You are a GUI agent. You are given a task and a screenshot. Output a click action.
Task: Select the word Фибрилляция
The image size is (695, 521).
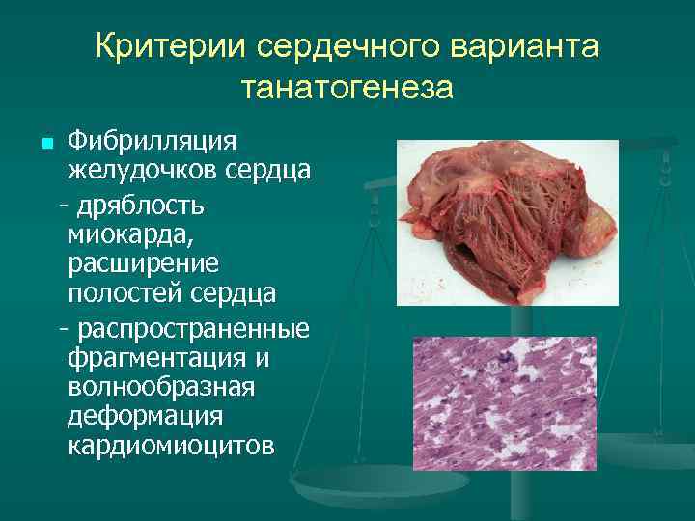pyautogui.click(x=152, y=142)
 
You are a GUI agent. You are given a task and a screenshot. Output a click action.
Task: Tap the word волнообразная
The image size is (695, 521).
pyautogui.click(x=161, y=388)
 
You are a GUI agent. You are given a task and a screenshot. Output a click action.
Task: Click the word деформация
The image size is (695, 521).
pyautogui.click(x=145, y=418)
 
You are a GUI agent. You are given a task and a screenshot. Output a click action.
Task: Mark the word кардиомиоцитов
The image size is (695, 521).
pyautogui.click(x=171, y=448)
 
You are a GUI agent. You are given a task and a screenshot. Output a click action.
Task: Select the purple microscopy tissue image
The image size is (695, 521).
pyautogui.click(x=504, y=403)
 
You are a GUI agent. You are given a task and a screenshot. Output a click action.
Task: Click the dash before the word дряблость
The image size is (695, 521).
pyautogui.click(x=64, y=205)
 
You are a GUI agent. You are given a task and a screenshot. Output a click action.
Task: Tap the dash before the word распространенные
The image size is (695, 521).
pyautogui.click(x=64, y=329)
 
